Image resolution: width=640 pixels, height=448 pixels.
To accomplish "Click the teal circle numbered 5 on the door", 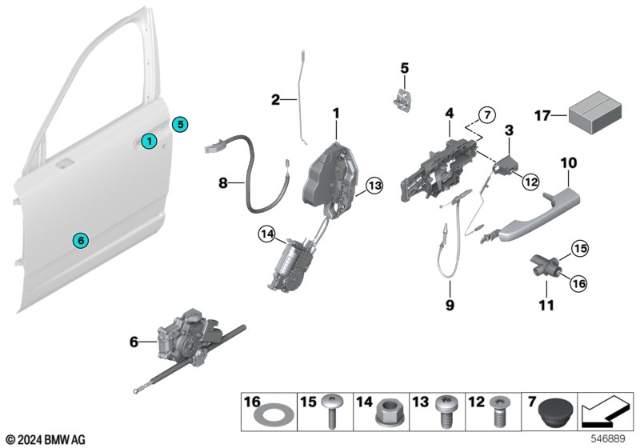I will (180, 124).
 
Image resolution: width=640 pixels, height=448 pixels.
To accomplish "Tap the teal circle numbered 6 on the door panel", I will (78, 239).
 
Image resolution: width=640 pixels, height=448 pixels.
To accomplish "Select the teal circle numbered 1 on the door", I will (147, 141).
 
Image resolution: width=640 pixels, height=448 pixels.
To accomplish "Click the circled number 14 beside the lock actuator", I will (266, 234).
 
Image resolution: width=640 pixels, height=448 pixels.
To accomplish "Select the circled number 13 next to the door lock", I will (374, 187).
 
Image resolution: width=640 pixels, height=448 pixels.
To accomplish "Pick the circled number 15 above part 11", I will (579, 250).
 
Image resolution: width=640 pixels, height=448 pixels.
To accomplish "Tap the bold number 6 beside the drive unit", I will (134, 342).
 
